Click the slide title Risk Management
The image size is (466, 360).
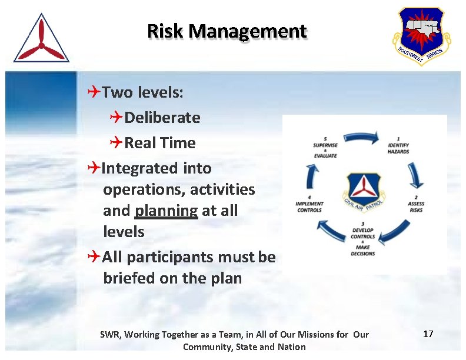[x=227, y=31]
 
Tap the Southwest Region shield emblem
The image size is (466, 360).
[x=421, y=35]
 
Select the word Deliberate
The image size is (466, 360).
[x=162, y=118]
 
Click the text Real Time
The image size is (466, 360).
[x=160, y=143]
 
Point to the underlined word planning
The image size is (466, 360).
[x=167, y=211]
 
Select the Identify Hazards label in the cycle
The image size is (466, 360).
[x=398, y=147]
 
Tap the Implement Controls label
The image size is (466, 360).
[x=309, y=206]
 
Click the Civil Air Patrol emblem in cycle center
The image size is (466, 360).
[x=363, y=191]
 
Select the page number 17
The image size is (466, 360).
[x=428, y=334]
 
